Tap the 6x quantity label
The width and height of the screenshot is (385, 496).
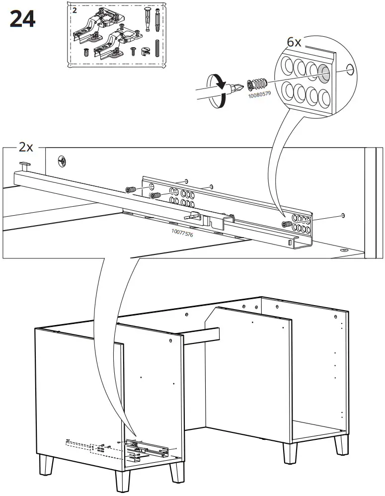[x=294, y=42]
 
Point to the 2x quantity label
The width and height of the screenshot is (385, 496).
[x=26, y=148]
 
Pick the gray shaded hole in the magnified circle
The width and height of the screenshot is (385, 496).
[x=323, y=73]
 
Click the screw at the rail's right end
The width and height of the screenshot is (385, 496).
[x=286, y=225]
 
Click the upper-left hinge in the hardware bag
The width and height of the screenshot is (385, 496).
[x=91, y=27]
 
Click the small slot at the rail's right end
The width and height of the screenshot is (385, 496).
[x=290, y=243]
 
